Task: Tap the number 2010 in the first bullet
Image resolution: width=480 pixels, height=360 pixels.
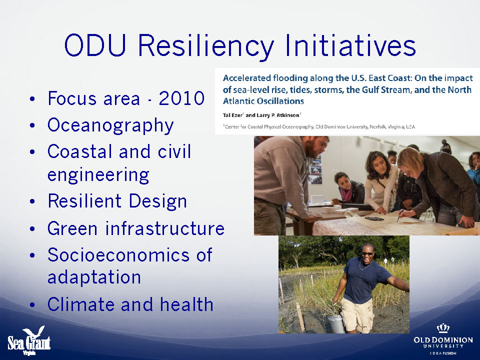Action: [x=181, y=98]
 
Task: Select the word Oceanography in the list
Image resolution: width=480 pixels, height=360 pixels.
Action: [x=110, y=125]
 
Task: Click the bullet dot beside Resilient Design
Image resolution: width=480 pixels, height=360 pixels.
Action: [x=32, y=201]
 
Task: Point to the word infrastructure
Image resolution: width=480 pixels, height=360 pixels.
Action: [x=165, y=228]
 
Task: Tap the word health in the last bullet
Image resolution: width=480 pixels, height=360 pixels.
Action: [x=186, y=304]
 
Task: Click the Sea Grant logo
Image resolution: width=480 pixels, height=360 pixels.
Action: [x=29, y=340]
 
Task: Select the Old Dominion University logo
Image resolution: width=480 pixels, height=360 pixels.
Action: [x=443, y=339]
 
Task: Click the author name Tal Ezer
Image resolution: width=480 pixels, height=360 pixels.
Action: [x=232, y=115]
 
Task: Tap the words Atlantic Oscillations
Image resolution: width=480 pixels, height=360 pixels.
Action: [x=263, y=101]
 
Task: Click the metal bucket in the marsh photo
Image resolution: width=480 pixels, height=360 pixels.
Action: [x=336, y=324]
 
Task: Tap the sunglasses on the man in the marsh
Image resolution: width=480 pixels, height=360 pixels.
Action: [x=367, y=254]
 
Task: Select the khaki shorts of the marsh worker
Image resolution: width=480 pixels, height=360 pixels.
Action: [x=357, y=315]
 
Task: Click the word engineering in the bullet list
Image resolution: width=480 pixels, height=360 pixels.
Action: [x=98, y=175]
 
